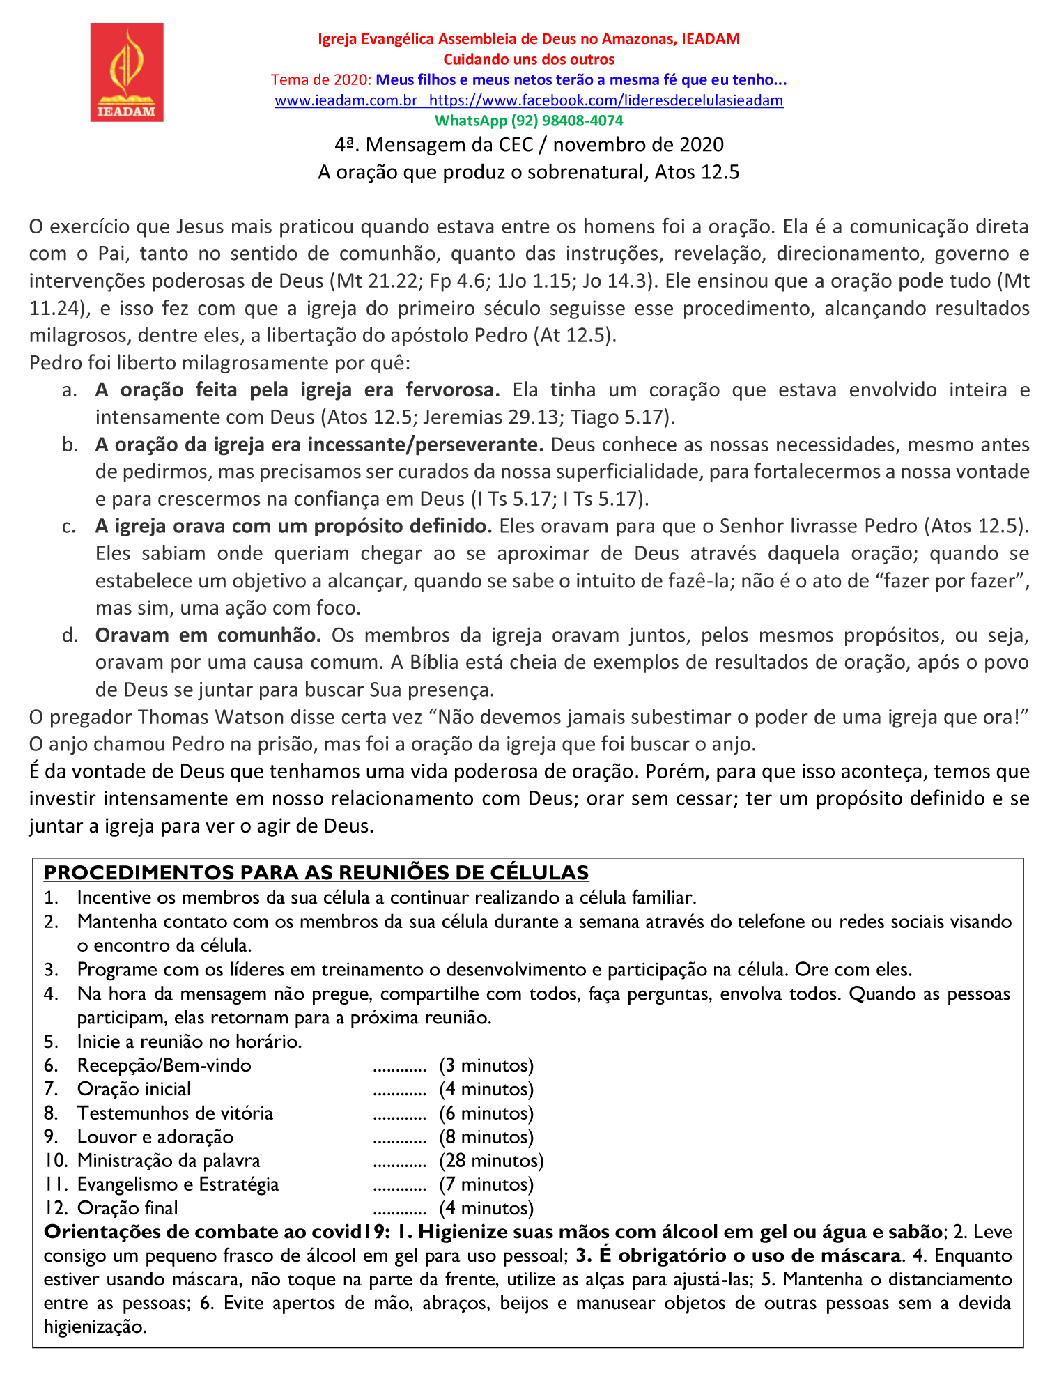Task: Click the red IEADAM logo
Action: pyautogui.click(x=127, y=72)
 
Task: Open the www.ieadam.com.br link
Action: pyautogui.click(x=346, y=100)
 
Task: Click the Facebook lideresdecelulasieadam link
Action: pyautogui.click(x=606, y=100)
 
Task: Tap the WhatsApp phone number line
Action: pyautogui.click(x=529, y=121)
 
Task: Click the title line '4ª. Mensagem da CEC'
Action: pyautogui.click(x=529, y=145)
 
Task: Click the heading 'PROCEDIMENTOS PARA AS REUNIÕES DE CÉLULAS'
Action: pyautogui.click(x=316, y=872)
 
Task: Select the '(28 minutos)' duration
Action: pyautogui.click(x=491, y=1161)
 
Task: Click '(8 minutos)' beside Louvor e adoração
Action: pyautogui.click(x=486, y=1137)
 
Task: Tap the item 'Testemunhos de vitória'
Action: pyautogui.click(x=175, y=1113)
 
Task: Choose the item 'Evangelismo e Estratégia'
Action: pyautogui.click(x=178, y=1184)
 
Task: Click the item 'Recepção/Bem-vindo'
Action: pyautogui.click(x=164, y=1065)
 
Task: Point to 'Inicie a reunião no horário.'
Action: pyautogui.click(x=190, y=1042)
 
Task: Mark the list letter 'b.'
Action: pyautogui.click(x=70, y=445)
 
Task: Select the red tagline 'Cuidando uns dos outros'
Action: pyautogui.click(x=529, y=60)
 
